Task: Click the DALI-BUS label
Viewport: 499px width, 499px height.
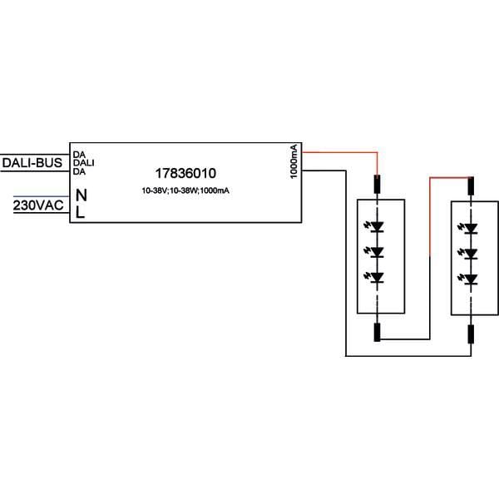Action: (32, 163)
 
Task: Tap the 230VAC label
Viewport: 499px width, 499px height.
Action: (38, 205)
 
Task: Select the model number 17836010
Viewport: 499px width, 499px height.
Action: (185, 174)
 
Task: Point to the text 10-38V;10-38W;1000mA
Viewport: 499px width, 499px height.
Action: (185, 190)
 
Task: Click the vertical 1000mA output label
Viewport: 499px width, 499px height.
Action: (294, 161)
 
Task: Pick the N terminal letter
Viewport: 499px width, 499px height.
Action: (82, 195)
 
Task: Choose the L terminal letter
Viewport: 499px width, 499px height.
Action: (80, 212)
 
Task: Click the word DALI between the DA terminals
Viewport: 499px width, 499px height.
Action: (84, 163)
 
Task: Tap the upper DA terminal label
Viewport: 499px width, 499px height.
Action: (79, 155)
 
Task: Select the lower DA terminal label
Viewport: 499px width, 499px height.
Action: (79, 171)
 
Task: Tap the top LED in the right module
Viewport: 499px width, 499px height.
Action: (468, 228)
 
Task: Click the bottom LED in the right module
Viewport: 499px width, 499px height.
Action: (468, 279)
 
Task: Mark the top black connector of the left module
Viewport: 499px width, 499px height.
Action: (377, 185)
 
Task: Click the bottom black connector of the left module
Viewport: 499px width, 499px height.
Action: (377, 332)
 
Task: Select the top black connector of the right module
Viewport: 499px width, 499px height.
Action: (471, 185)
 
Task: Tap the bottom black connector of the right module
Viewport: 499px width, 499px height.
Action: (471, 334)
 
